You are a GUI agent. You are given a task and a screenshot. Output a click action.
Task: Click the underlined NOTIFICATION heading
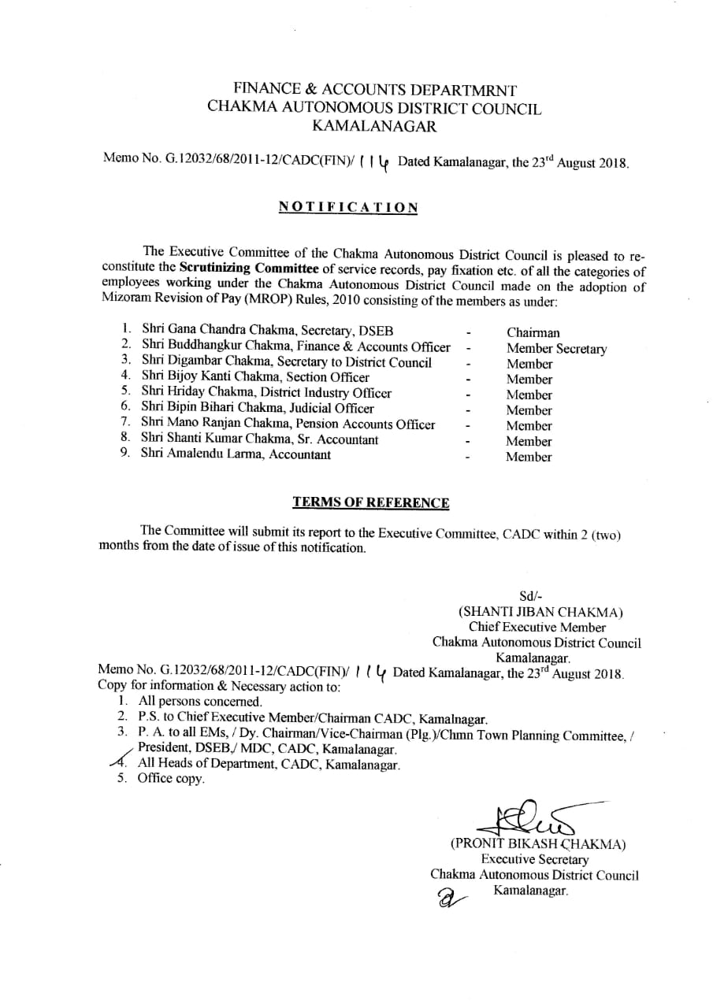pos(347,207)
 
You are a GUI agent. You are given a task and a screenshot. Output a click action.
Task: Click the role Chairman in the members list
pos(533,333)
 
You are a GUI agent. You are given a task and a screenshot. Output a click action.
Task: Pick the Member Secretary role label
pos(556,349)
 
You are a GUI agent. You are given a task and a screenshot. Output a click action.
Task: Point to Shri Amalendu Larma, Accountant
pos(236,454)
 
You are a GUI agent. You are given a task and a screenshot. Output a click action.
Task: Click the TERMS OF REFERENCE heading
pos(371,502)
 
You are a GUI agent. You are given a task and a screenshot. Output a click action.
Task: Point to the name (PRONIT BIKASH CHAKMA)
pos(538,844)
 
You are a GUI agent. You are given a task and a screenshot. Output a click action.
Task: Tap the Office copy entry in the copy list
pos(171,779)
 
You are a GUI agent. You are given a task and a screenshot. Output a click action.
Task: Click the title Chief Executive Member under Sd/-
pos(537,628)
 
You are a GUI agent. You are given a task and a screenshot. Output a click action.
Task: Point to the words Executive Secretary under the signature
pos(535,860)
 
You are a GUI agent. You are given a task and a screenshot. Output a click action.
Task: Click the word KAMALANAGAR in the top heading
pos(374,124)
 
